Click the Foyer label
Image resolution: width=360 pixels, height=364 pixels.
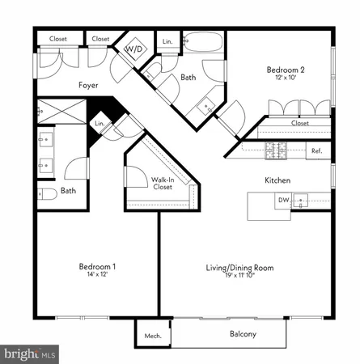pos(88,84)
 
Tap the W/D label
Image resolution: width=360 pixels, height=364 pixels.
pos(131,49)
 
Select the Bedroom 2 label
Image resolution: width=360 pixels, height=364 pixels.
pos(286,70)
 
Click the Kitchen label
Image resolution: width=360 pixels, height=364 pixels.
pos(277,180)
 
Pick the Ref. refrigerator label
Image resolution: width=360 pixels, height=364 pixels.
pos(316,150)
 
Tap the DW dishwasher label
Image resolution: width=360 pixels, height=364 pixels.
pos(283,200)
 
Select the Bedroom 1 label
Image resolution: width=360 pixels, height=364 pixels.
pos(97,266)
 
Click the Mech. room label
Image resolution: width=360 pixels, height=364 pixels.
pos(153,335)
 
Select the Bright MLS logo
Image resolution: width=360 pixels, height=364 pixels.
pos(31,353)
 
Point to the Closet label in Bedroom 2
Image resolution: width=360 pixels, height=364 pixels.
pos(300,124)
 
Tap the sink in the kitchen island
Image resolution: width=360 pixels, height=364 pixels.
pos(302,199)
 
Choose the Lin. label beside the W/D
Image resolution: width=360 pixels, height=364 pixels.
pos(167,40)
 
